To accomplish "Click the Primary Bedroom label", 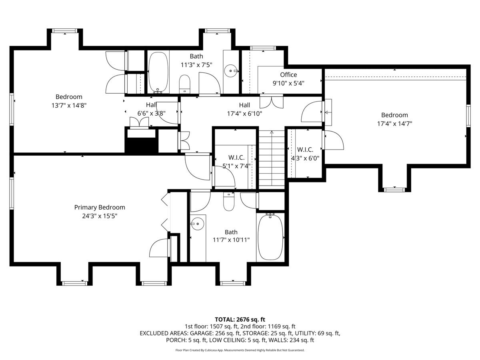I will tap(100, 207).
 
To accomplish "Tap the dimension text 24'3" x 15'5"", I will tap(100, 216).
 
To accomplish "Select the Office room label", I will tap(288, 75).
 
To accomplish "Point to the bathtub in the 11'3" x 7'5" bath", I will tap(158, 72).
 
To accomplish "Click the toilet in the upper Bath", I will tap(185, 83).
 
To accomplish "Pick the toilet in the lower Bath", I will tap(229, 202).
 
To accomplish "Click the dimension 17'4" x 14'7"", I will tap(394, 124).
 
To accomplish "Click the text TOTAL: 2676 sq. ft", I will tap(240, 319).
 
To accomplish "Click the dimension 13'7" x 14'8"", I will tap(69, 105).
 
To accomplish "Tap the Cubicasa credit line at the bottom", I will tap(240, 350).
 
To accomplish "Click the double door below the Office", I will tap(271, 102).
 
